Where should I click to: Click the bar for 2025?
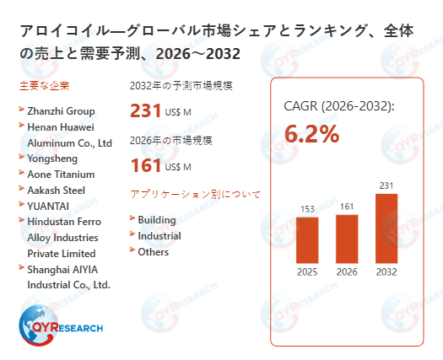pos(307,239)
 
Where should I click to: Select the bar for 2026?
pos(347,238)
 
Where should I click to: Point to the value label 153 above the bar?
pos(307,209)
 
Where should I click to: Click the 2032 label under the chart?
pos(386,271)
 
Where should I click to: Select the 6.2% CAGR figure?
pos(311,134)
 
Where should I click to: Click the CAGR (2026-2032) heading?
pos(338,106)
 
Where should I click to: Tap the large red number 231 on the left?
pos(145,110)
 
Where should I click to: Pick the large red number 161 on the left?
pos(145,164)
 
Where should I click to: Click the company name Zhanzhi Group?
pos(62,111)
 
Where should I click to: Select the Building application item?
pos(157,220)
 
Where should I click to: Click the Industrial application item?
pos(159,236)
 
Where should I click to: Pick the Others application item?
pos(153,252)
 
